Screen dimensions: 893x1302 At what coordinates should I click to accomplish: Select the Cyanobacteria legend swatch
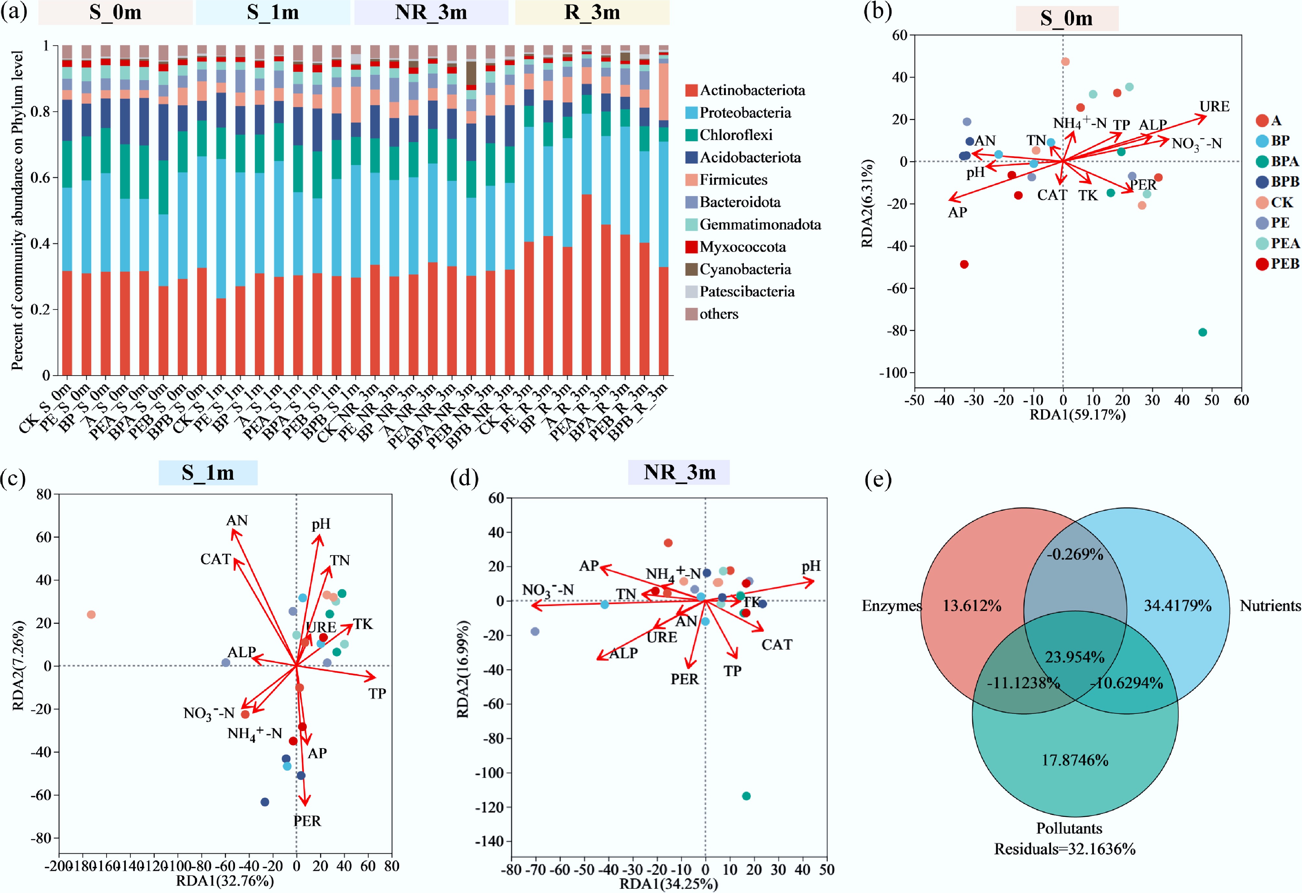coord(691,269)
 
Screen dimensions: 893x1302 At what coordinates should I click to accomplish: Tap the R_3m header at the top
coord(592,12)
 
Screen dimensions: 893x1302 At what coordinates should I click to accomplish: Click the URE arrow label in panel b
coord(1214,106)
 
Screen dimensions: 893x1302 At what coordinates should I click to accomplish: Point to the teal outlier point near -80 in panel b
coord(1202,332)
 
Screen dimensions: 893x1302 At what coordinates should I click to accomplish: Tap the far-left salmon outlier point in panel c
coord(91,614)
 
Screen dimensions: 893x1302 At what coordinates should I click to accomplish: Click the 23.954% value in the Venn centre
coord(1074,657)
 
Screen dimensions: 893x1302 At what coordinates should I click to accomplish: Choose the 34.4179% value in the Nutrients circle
coord(1178,606)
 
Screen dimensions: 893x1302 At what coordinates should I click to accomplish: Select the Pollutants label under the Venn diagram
coord(1069,828)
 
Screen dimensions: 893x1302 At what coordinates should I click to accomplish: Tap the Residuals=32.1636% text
coord(1064,849)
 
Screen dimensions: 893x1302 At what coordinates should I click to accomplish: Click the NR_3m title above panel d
coord(679,472)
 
